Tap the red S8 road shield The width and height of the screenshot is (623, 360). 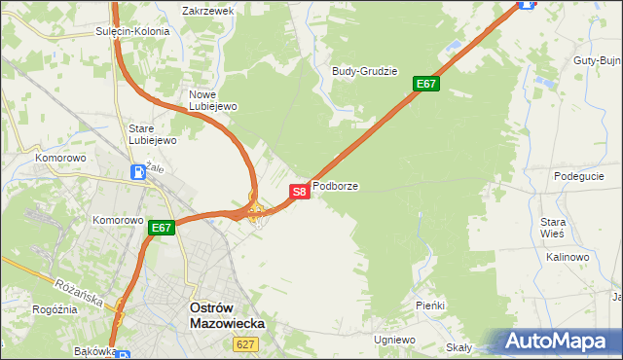click(x=300, y=192)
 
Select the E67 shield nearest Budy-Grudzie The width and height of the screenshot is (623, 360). click(x=426, y=84)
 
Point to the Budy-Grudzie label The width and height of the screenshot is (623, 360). click(x=365, y=71)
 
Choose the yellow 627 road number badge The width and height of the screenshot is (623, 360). click(x=245, y=343)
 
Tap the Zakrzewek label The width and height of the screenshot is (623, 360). click(x=208, y=11)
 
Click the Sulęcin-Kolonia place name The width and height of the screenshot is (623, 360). click(x=132, y=31)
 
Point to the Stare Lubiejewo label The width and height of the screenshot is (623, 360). click(x=153, y=134)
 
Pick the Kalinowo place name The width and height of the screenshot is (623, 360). click(x=568, y=257)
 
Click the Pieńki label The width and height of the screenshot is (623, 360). click(x=429, y=306)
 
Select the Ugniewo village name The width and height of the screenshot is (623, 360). click(x=394, y=340)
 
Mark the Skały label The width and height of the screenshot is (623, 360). click(x=458, y=347)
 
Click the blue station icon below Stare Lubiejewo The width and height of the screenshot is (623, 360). click(x=139, y=173)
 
